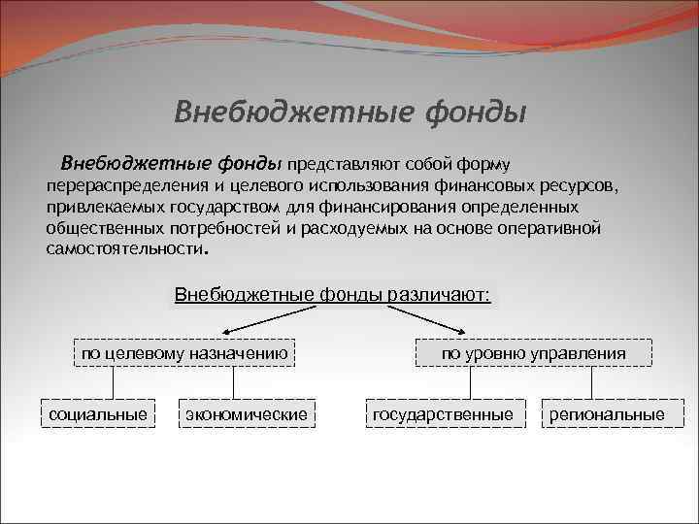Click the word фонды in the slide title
pyautogui.click(x=477, y=114)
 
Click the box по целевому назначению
pyautogui.click(x=183, y=353)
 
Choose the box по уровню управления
pyautogui.click(x=533, y=353)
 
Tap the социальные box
pyautogui.click(x=98, y=415)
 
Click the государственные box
pyautogui.click(x=443, y=415)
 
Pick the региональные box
pyautogui.click(x=607, y=415)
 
